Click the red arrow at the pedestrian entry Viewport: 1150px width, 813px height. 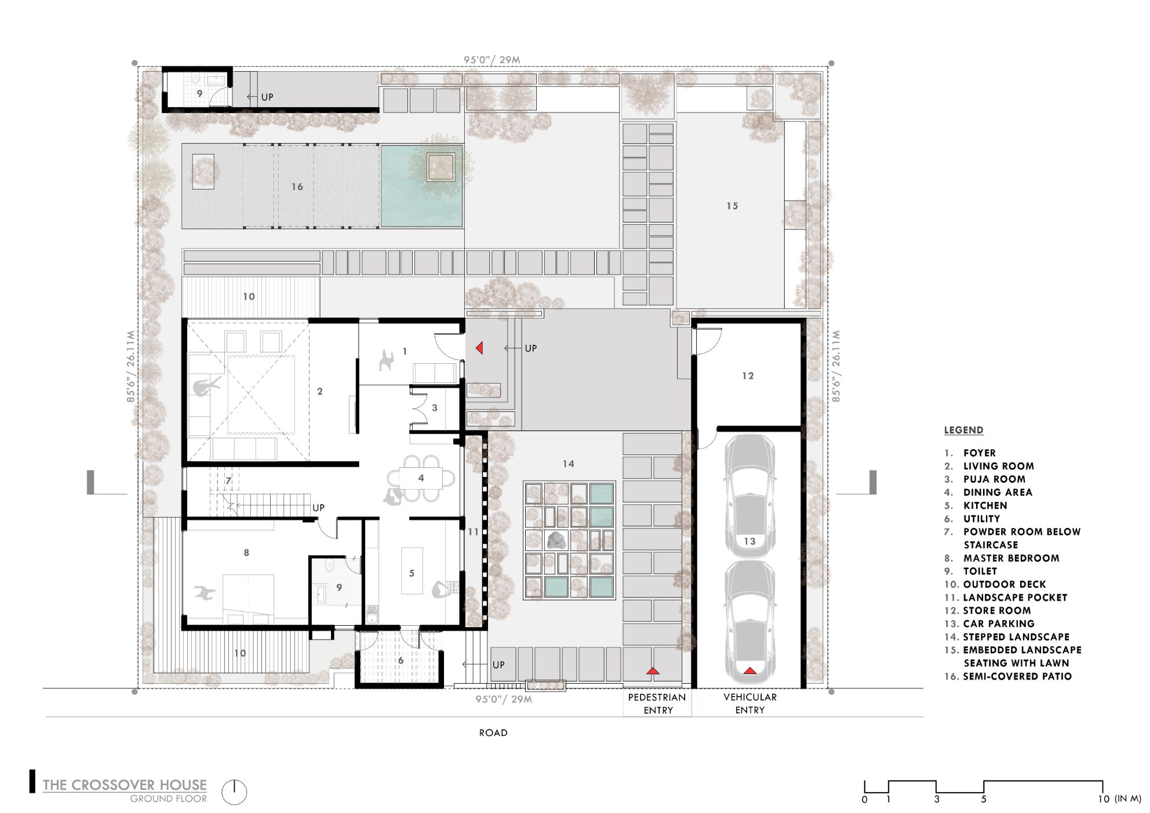click(653, 670)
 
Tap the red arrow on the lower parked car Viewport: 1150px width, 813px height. click(749, 670)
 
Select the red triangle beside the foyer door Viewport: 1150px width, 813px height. click(479, 348)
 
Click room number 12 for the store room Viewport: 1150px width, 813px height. click(748, 376)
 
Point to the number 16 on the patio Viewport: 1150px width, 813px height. click(297, 187)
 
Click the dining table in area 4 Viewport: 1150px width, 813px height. click(421, 478)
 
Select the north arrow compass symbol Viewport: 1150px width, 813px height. click(234, 792)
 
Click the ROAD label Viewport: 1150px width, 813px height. click(493, 733)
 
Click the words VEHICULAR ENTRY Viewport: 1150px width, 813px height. click(749, 703)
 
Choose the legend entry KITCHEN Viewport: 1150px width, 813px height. click(985, 505)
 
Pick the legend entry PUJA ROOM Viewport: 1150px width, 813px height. click(994, 479)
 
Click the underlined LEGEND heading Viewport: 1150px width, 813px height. click(963, 430)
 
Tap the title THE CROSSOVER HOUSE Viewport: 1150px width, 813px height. click(125, 785)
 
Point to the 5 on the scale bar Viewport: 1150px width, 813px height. click(983, 799)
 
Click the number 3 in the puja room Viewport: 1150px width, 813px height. click(435, 408)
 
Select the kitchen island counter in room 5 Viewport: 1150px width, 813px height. click(412, 570)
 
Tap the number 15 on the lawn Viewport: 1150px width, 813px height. click(732, 206)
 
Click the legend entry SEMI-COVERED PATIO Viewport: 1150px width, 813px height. click(1017, 676)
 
